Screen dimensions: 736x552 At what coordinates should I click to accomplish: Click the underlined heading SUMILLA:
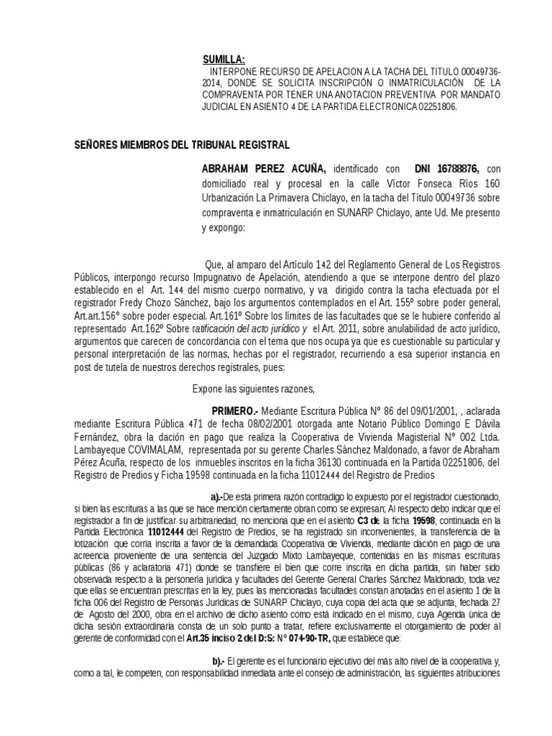[x=224, y=60]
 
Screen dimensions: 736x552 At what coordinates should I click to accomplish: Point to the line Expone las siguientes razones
[x=254, y=390]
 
